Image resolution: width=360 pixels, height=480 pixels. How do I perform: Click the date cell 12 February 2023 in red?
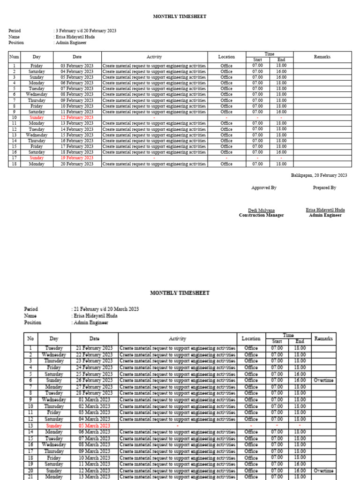(x=77, y=118)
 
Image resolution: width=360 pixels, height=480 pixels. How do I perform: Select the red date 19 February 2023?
(x=77, y=158)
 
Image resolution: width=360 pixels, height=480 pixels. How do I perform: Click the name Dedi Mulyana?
(x=261, y=210)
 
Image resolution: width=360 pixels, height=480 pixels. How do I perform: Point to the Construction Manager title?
(x=261, y=216)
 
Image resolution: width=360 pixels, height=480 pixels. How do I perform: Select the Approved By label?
(x=263, y=187)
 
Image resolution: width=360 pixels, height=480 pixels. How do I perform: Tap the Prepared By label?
(x=324, y=187)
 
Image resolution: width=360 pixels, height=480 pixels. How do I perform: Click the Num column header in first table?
(x=14, y=57)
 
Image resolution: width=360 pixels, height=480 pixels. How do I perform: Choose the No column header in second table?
(x=30, y=338)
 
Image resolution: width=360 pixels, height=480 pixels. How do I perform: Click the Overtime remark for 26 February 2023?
(x=324, y=381)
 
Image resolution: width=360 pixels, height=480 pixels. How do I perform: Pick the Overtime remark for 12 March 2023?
(x=324, y=471)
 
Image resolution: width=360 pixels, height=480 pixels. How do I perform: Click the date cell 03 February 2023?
(x=77, y=66)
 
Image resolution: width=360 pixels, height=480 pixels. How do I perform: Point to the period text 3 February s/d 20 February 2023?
(x=86, y=31)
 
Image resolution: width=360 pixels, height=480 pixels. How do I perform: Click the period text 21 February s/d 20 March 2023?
(x=106, y=309)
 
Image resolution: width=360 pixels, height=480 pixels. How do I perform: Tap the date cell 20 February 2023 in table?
(x=77, y=164)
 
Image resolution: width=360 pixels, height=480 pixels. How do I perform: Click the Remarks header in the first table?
(x=322, y=57)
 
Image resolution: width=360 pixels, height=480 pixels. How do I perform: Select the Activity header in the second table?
(x=177, y=338)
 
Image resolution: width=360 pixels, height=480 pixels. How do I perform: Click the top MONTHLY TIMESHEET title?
(x=180, y=17)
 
